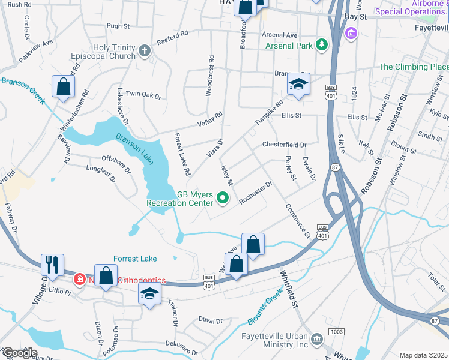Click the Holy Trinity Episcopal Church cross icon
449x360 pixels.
143,51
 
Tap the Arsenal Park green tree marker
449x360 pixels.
322,44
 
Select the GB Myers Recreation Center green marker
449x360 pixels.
223,197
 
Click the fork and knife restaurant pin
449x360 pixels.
52,265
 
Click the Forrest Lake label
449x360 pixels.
135,259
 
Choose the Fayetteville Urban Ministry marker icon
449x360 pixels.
317,340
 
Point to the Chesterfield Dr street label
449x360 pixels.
284,145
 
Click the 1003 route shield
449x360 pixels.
337,331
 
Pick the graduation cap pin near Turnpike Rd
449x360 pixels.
298,85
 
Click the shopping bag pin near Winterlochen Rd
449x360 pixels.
63,86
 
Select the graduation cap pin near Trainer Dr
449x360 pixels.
149,293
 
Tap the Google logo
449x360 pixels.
19,353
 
